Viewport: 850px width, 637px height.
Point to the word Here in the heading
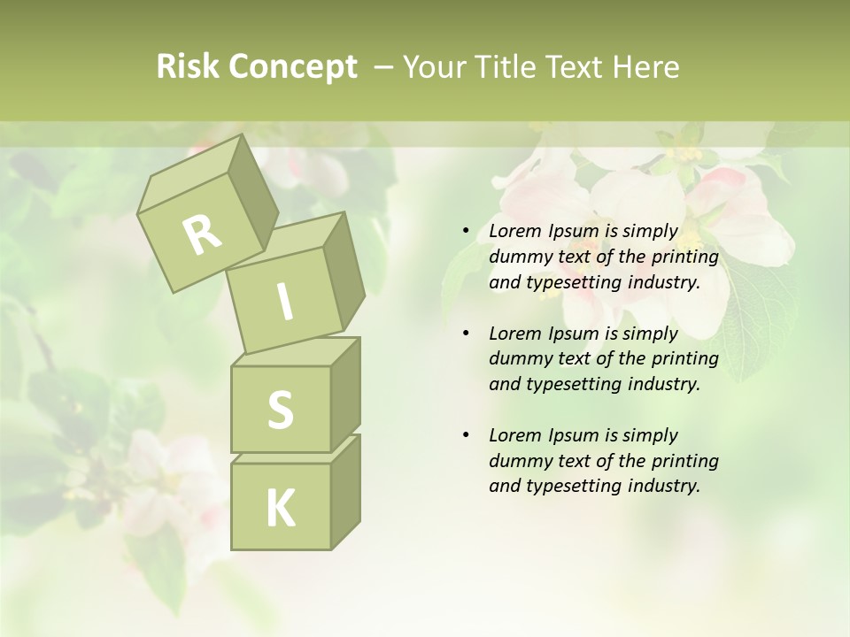tap(648, 67)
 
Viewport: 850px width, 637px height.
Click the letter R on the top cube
tap(202, 234)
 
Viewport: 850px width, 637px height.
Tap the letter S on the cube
tap(280, 411)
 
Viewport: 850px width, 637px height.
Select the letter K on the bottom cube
tap(280, 508)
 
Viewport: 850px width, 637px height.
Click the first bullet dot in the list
tap(466, 232)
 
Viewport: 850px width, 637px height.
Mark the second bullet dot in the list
tap(466, 334)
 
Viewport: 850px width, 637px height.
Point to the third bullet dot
tap(466, 435)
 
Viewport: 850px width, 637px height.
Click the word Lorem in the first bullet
tap(514, 232)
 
